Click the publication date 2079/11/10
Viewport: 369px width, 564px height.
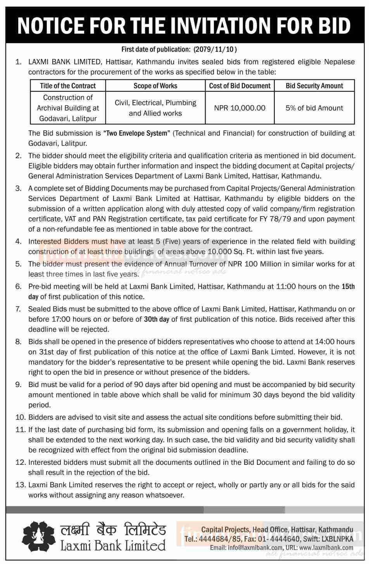[x=219, y=49]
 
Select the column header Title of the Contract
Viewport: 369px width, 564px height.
[x=68, y=86]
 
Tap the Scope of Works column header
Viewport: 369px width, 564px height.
[x=155, y=86]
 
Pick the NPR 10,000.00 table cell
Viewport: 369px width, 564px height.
[x=240, y=108]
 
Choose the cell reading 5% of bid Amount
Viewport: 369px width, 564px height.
[x=314, y=108]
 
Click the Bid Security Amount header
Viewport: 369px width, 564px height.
[x=314, y=86]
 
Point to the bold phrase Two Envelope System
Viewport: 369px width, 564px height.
[x=137, y=133]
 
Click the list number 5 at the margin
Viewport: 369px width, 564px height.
[x=18, y=264]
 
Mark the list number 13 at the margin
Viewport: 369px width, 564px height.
[x=20, y=485]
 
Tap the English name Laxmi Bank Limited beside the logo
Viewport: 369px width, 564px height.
[x=113, y=546]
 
